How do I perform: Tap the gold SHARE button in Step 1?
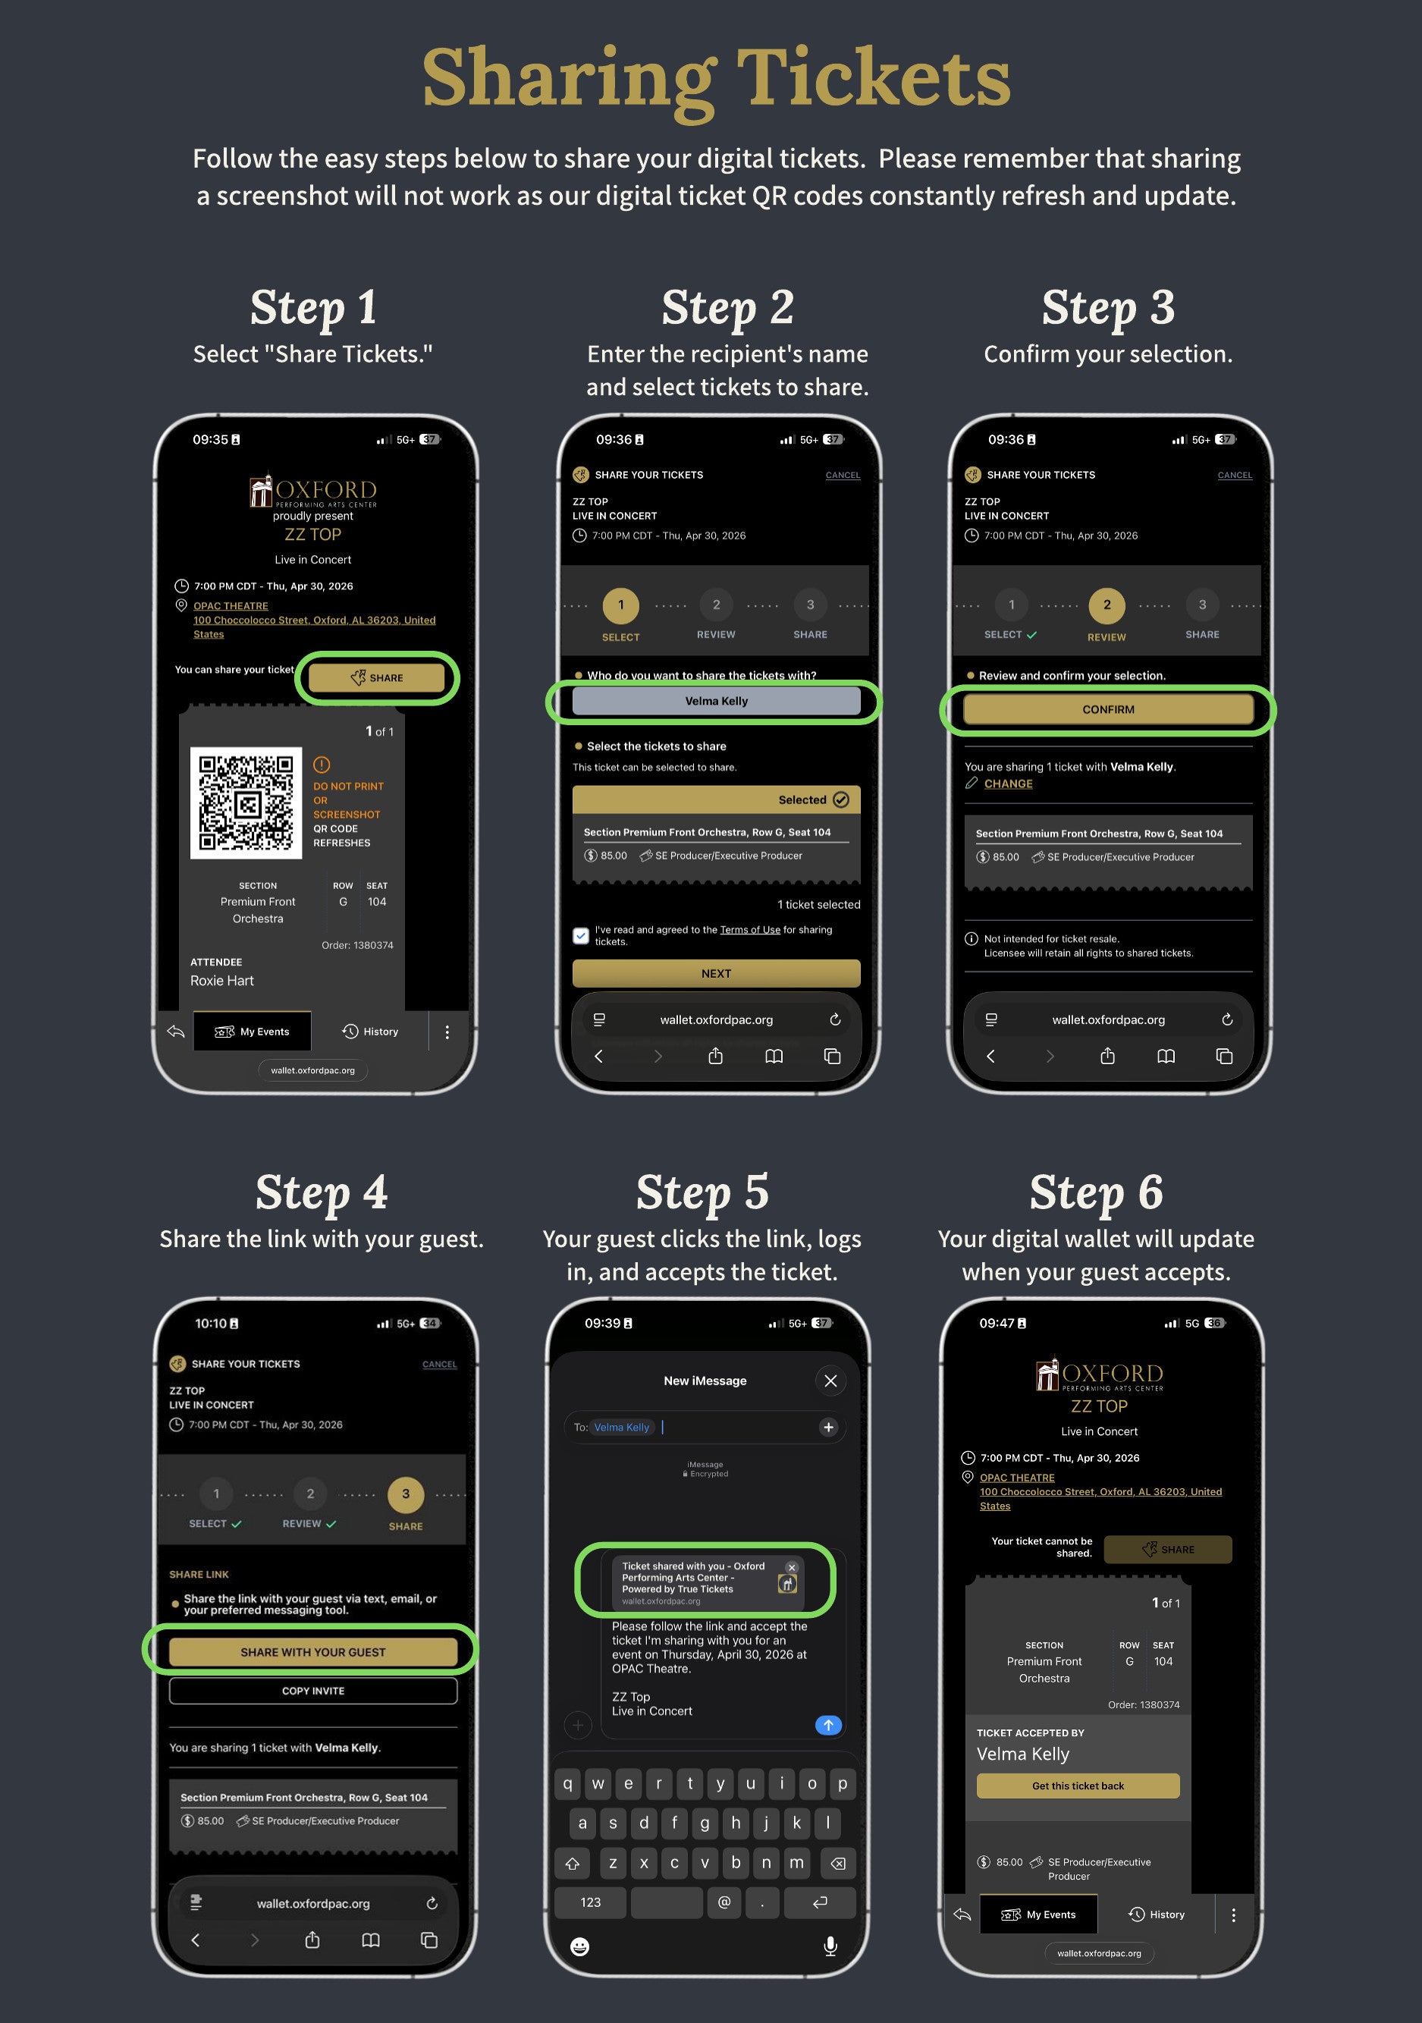[x=377, y=677]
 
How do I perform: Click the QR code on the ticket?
[x=246, y=803]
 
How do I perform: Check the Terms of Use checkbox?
[x=581, y=936]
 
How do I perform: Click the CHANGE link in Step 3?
[x=1008, y=784]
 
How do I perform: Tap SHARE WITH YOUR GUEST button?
[x=312, y=1652]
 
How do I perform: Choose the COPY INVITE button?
[x=312, y=1691]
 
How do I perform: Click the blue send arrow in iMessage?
[x=828, y=1725]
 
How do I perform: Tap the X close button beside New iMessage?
[x=830, y=1381]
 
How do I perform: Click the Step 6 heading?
[x=1096, y=1192]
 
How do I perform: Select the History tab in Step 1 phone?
[x=370, y=1032]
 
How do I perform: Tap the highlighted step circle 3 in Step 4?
[x=405, y=1494]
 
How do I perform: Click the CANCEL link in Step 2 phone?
[x=843, y=476]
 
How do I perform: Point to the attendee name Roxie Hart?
[x=222, y=981]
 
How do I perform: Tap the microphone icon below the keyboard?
[x=830, y=1946]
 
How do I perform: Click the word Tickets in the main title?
[x=873, y=77]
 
